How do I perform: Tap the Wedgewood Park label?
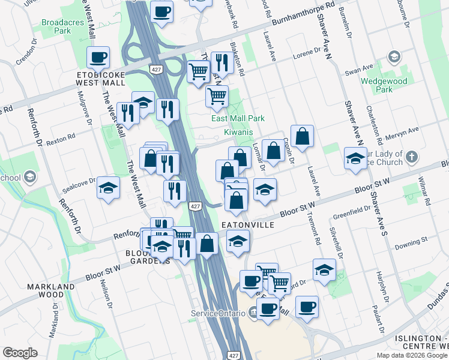[x=384, y=85]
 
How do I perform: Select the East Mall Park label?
[x=238, y=119]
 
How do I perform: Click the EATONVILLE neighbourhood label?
[x=248, y=224]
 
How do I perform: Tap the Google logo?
[x=20, y=353]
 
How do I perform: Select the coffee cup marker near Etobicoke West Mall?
[x=98, y=58]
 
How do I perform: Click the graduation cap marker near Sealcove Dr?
[x=108, y=188]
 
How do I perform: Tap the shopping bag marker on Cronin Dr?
[x=303, y=136]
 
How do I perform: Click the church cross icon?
[x=411, y=157]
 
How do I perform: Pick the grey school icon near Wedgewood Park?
[x=394, y=57]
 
